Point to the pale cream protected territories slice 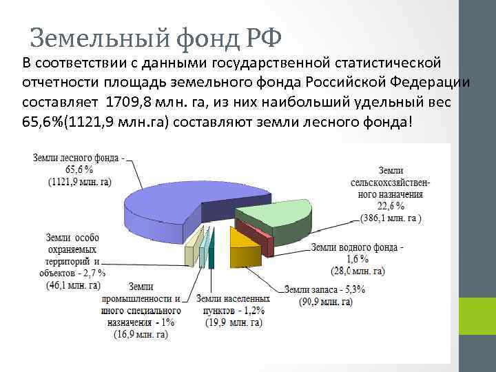tap(191, 251)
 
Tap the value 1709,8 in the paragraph tap(131, 103)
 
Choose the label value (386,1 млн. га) tap(391, 218)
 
